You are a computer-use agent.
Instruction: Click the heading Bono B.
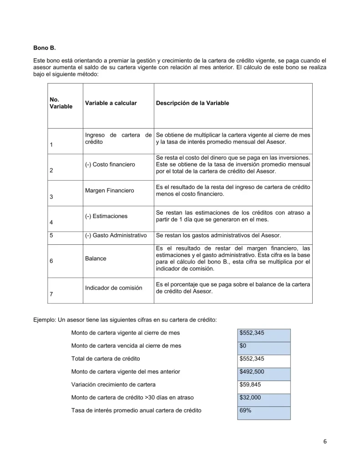[44, 48]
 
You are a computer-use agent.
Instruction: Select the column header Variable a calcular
[111, 103]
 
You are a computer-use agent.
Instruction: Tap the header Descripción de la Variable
[192, 103]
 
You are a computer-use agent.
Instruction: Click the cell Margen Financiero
[109, 190]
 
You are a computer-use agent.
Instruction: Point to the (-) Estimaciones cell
[106, 216]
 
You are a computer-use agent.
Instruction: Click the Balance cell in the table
[96, 258]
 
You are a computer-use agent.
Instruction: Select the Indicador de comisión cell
[113, 288]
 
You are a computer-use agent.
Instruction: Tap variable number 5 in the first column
[51, 236]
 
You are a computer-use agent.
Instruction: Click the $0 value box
[263, 346]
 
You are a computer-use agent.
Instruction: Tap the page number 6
[325, 441]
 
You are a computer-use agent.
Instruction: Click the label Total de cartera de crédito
[106, 359]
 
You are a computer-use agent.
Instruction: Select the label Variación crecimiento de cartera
[113, 385]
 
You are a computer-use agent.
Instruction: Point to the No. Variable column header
[61, 103]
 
